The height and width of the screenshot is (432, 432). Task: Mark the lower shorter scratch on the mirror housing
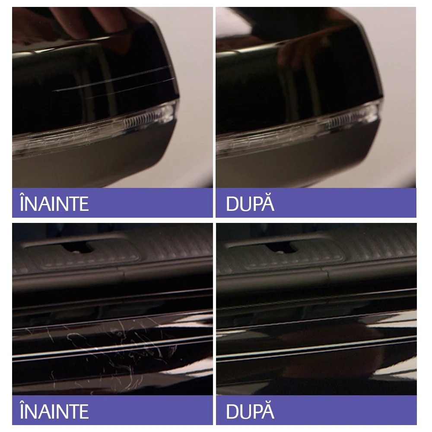click(130, 89)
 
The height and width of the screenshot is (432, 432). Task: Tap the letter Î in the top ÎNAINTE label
click(22, 203)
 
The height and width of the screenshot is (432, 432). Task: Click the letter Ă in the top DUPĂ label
click(267, 203)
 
